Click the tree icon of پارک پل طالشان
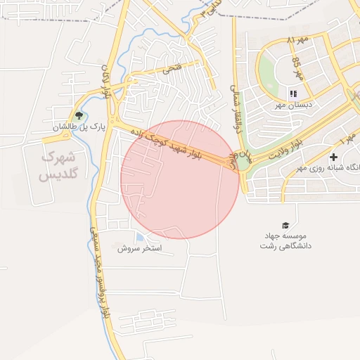[78, 115]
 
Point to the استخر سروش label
[139, 248]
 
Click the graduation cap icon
[285, 225]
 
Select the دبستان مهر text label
[293, 105]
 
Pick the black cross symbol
[333, 156]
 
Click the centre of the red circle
[180, 179]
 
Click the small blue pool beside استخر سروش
[139, 237]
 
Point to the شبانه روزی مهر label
[326, 167]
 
